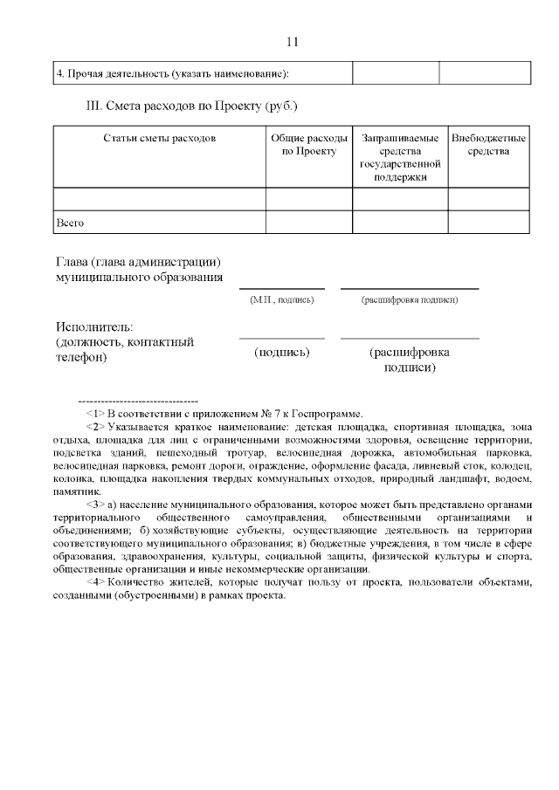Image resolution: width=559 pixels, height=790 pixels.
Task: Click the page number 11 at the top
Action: [293, 41]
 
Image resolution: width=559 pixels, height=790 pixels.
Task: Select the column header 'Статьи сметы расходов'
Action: [159, 139]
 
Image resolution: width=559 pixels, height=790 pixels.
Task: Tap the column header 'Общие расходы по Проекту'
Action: [309, 145]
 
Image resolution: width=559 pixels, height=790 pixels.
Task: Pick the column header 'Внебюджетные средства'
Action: [488, 145]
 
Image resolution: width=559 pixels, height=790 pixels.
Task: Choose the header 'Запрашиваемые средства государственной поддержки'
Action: [400, 157]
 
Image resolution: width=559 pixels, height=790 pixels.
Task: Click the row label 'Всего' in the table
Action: [70, 223]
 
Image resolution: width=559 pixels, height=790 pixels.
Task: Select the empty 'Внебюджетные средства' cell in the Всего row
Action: [488, 223]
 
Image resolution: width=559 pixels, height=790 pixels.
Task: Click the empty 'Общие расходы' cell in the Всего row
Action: [309, 223]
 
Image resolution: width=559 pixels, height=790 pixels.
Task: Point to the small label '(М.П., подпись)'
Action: [281, 299]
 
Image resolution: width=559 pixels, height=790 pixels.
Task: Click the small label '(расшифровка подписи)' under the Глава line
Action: [410, 299]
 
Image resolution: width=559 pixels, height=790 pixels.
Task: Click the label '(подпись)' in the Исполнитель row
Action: [281, 352]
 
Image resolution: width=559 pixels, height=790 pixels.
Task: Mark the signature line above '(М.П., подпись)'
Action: [281, 288]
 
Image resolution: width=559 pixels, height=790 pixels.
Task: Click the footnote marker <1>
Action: [95, 413]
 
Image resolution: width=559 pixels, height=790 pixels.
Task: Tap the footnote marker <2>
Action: [95, 428]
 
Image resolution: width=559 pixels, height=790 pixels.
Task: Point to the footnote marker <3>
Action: [95, 505]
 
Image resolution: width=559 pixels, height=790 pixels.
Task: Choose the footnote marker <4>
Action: [95, 581]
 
